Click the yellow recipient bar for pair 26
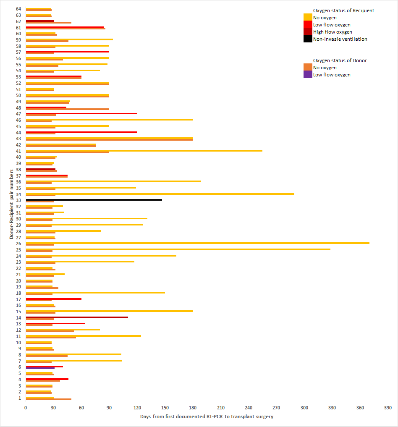[x=197, y=243]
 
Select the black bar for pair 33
[x=94, y=200]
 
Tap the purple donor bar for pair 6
[x=40, y=368]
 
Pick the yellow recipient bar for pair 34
[x=160, y=194]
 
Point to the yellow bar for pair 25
[x=178, y=249]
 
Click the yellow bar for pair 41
[x=144, y=150]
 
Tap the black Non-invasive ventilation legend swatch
[x=308, y=39]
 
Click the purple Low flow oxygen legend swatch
[x=308, y=75]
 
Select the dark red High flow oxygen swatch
[x=308, y=32]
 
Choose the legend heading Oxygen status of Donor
[x=340, y=60]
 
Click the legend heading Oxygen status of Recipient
[x=343, y=10]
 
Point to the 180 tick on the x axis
[x=193, y=407]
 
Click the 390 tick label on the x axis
[x=388, y=407]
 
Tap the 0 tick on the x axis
[x=26, y=407]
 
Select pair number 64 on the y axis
[x=18, y=9]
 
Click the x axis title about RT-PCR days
[x=207, y=417]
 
